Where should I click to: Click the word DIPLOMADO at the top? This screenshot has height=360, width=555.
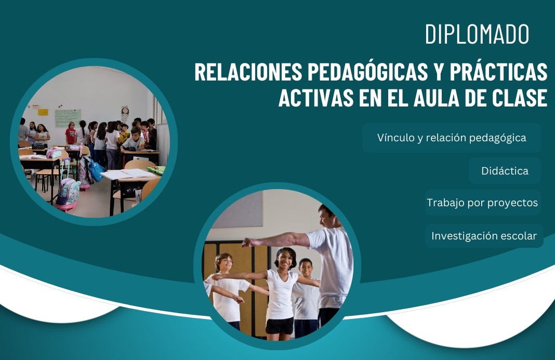click(x=477, y=34)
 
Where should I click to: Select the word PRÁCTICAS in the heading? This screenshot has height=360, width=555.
click(x=499, y=72)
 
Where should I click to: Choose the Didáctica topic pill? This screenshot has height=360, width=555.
click(x=505, y=171)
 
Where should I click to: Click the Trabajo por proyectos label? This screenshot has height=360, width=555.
click(x=482, y=203)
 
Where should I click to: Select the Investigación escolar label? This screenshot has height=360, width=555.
click(x=484, y=236)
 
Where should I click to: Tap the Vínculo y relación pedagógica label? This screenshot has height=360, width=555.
click(x=452, y=138)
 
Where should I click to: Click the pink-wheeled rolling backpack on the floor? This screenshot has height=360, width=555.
click(x=68, y=193)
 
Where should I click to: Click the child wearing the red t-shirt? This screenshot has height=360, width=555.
click(x=71, y=134)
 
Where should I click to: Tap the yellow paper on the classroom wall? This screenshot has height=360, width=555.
click(x=43, y=112)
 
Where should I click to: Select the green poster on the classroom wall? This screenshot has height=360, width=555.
click(x=68, y=118)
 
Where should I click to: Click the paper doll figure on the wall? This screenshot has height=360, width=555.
click(x=125, y=114)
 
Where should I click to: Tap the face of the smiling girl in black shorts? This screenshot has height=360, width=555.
click(x=286, y=259)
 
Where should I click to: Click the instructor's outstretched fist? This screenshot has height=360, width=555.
click(x=247, y=243)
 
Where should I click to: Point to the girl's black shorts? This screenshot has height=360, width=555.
click(x=280, y=326)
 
